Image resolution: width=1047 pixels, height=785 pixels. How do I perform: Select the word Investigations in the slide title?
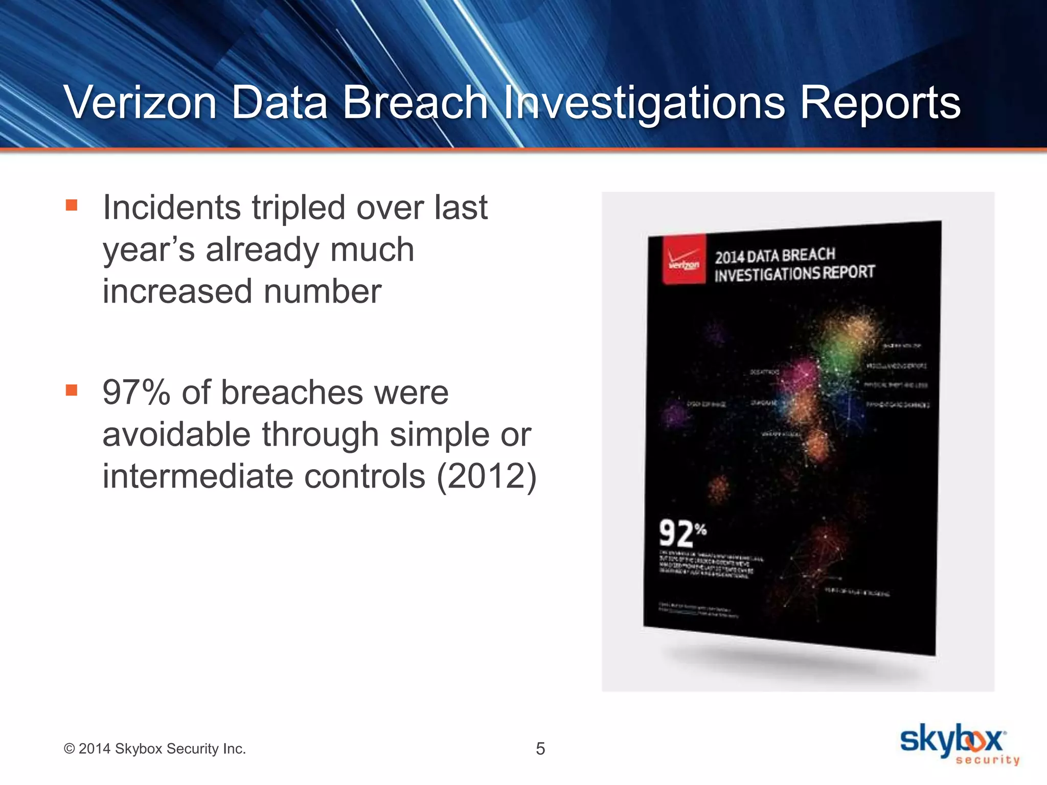(x=644, y=104)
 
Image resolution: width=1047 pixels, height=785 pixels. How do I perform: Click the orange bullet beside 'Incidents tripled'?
(x=72, y=205)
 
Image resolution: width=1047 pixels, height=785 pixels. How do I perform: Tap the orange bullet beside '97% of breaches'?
(x=72, y=390)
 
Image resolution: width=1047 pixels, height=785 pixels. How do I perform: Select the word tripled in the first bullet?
(x=299, y=208)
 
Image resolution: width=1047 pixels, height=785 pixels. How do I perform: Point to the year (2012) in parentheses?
(x=486, y=476)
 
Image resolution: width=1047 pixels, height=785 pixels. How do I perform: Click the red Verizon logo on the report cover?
(x=684, y=260)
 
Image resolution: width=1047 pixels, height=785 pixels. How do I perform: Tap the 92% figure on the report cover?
(x=682, y=534)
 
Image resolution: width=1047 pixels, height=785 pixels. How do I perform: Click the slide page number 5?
(x=540, y=749)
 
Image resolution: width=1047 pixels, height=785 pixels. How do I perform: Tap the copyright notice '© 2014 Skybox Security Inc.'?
(x=154, y=749)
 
